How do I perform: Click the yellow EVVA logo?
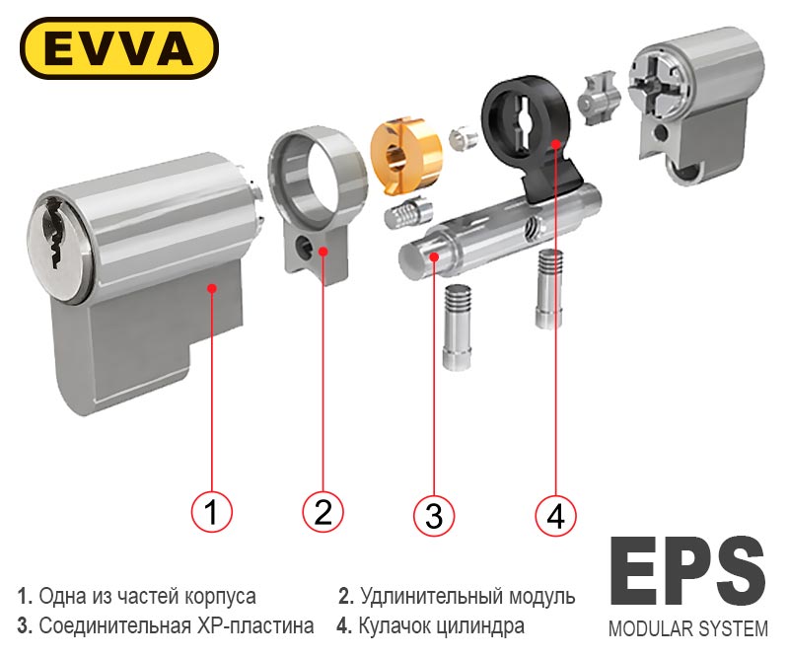coord(119,48)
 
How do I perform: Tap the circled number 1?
coord(212,512)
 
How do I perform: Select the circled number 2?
coord(323,512)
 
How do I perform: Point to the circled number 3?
coord(434,515)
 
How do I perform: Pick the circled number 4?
coord(555,515)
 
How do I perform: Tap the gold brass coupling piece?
coord(405,155)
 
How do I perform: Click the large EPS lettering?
coord(687,571)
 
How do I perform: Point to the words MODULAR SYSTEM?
coord(687,628)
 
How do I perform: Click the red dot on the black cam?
coord(555,144)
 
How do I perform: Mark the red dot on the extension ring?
coord(323,251)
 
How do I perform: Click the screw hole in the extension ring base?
coord(303,247)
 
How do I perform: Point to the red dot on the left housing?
coord(212,288)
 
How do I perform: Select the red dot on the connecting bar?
coord(434,257)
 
